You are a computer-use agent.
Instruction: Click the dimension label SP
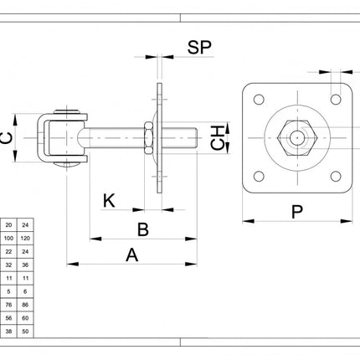coord(199,47)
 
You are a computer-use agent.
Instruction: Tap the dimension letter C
coord(7,138)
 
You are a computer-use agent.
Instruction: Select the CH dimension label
coord(218,138)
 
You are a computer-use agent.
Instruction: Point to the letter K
coord(109,201)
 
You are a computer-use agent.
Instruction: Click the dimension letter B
coord(143,229)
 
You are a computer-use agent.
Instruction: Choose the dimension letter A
coord(132,255)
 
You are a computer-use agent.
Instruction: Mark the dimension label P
coord(297,212)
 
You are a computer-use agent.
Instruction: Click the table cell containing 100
coord(8,238)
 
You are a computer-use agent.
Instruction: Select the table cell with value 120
coord(25,238)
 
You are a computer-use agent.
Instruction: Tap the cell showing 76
coord(8,305)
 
